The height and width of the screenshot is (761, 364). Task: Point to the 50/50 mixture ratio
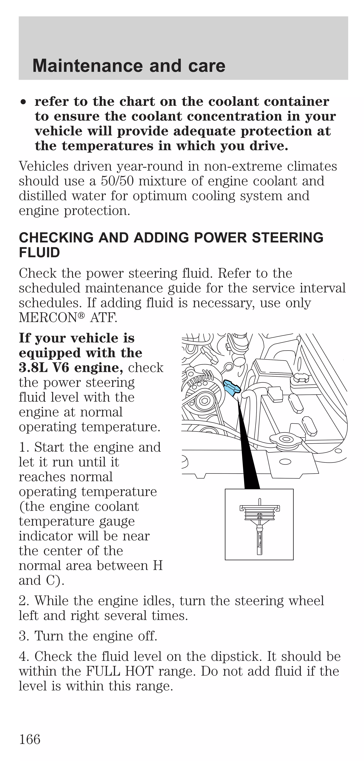[117, 181]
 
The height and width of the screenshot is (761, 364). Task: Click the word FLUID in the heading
[39, 253]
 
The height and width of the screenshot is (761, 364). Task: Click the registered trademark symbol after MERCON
[81, 316]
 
